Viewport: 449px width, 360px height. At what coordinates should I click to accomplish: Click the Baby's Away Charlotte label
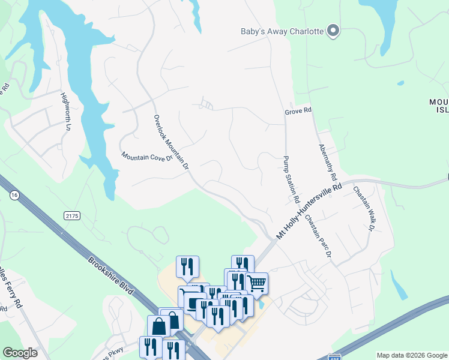point(282,32)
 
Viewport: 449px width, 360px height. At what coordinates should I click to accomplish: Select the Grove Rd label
point(298,111)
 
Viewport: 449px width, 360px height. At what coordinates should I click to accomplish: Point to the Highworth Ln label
point(65,112)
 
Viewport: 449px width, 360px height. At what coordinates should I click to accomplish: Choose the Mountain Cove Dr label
point(147,157)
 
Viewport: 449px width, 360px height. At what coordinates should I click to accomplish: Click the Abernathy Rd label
point(328,163)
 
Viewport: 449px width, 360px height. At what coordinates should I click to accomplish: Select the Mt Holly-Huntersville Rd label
point(309,212)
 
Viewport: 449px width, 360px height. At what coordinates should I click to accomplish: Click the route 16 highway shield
point(13,195)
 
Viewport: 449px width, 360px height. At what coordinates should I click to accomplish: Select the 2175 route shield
point(71,215)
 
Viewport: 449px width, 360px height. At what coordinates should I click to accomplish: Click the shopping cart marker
point(256,283)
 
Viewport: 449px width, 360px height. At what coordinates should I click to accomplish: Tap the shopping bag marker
point(160,327)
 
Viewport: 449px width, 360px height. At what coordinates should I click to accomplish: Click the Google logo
point(20,353)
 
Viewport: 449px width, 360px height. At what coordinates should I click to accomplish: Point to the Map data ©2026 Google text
point(412,355)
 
